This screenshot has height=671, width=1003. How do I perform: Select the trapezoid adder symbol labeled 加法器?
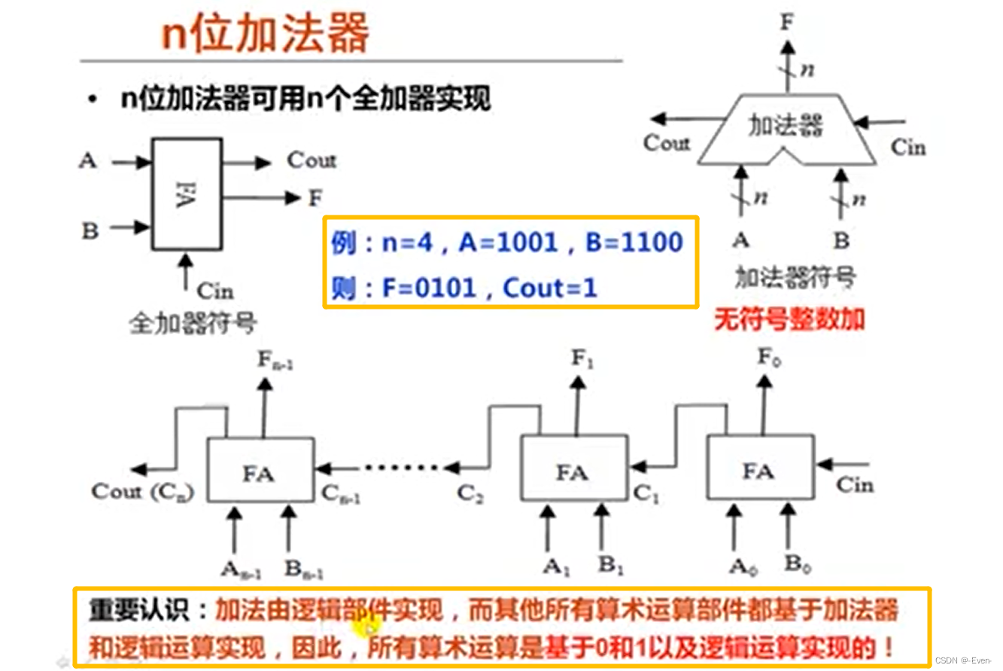point(786,129)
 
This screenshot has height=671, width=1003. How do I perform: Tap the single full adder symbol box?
point(187,194)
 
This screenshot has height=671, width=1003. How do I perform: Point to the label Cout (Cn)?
point(143,492)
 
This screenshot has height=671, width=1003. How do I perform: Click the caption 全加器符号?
point(193,324)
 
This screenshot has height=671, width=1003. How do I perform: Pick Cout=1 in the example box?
point(549,288)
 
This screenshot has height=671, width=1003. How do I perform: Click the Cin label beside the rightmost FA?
point(856,484)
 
